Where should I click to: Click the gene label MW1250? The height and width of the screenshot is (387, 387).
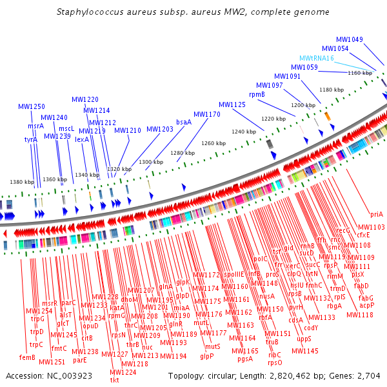point(31,106)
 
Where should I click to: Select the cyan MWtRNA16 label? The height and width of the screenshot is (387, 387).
point(316,58)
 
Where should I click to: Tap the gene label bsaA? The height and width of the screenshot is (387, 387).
point(184,122)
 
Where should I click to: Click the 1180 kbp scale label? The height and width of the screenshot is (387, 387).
point(332,90)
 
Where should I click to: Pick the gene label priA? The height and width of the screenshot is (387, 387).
point(377,214)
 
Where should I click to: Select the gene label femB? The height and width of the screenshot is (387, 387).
point(27,357)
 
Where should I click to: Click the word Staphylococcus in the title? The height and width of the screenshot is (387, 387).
point(89,12)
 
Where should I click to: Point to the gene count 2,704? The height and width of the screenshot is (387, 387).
point(368,376)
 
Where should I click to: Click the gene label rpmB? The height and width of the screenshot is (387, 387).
point(257,94)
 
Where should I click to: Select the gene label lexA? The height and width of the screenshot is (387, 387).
point(82,139)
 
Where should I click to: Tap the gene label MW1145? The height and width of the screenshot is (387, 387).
point(305,351)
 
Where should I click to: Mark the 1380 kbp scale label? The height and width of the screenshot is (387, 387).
point(21,183)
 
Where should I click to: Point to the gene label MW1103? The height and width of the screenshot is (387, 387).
point(372,227)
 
